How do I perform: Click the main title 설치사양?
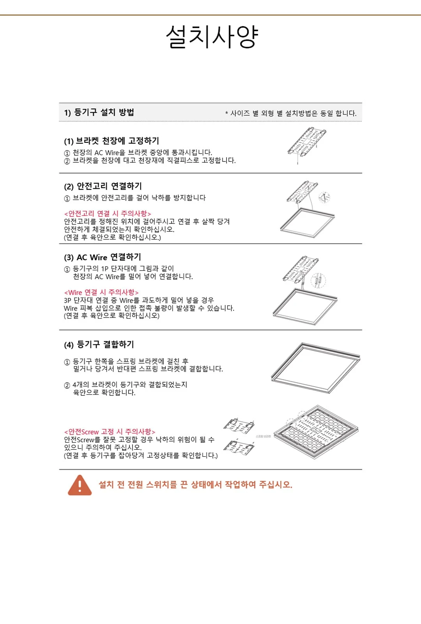pos(212,37)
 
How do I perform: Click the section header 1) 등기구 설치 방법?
pos(99,112)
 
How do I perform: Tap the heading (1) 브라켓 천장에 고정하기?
pos(111,141)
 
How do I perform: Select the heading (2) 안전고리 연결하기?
pos(103,186)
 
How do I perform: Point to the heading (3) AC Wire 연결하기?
pos(103,257)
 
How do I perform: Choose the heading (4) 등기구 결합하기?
pos(99,345)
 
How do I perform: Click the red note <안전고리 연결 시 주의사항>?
pos(108,214)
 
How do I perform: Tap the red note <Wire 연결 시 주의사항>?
pos(101,292)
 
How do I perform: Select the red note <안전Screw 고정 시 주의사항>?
pos(110,432)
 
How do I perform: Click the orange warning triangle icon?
pos(80,485)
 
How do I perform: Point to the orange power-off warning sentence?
pos(195,485)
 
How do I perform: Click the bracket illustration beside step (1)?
pos(307,145)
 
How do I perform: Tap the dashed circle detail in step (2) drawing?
pos(324,197)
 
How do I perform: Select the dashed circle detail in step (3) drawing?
pos(318,280)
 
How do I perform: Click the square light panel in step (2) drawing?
pos(308,223)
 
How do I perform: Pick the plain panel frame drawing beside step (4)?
pos(316,368)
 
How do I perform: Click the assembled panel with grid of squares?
pos(316,432)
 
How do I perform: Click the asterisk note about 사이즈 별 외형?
pos(291,113)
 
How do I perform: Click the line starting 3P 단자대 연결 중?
pos(139,300)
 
